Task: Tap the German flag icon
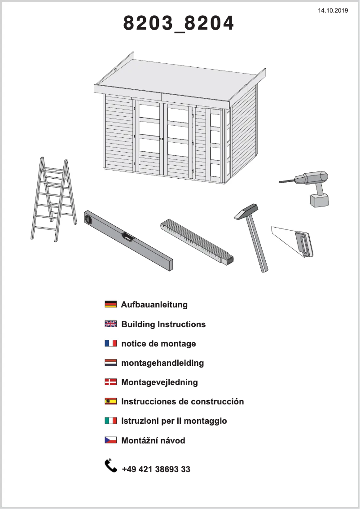[x=110, y=304]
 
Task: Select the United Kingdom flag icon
[x=110, y=324]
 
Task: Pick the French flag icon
[x=110, y=343]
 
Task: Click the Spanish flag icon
[x=110, y=401]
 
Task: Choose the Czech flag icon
[x=110, y=440]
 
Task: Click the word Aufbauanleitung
[x=154, y=305]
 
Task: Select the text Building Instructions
[x=163, y=324]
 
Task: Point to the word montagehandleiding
[x=162, y=363]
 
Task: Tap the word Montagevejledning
[x=159, y=382]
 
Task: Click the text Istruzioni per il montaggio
[x=174, y=421]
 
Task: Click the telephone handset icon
[x=110, y=465]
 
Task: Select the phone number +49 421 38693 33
[x=156, y=470]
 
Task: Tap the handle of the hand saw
[x=304, y=244]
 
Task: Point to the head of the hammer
[x=246, y=211]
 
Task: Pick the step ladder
[x=53, y=197]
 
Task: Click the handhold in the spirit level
[x=128, y=237]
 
